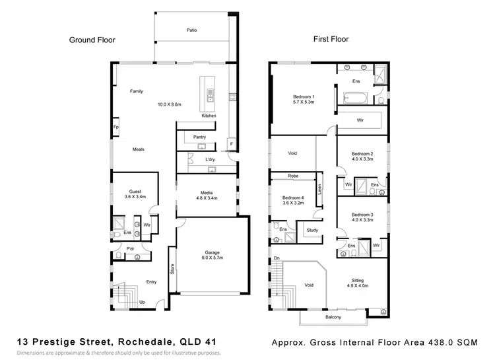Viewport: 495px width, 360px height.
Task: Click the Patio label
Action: pyautogui.click(x=192, y=30)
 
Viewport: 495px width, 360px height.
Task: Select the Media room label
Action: pyautogui.click(x=208, y=193)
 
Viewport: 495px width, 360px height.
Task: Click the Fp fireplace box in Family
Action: pyautogui.click(x=115, y=127)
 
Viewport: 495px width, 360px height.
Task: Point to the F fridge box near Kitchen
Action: pyautogui.click(x=231, y=143)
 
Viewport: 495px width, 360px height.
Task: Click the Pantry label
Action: pyautogui.click(x=200, y=137)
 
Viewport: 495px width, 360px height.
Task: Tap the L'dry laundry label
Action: pyautogui.click(x=211, y=161)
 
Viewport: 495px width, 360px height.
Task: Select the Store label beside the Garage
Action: pyautogui.click(x=173, y=269)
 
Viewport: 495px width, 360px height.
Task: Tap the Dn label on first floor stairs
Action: pyautogui.click(x=277, y=258)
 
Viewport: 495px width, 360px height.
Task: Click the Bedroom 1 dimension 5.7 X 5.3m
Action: pyautogui.click(x=304, y=102)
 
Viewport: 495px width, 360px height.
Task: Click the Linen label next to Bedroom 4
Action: pyautogui.click(x=320, y=188)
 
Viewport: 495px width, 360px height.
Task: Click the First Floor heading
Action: pyautogui.click(x=331, y=40)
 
